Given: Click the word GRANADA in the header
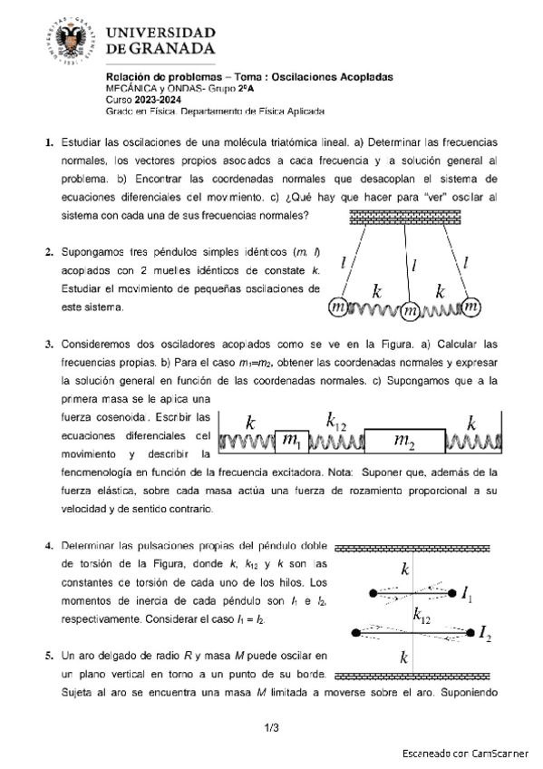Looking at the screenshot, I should point(177,47).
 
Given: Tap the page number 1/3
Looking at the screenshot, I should point(271,727).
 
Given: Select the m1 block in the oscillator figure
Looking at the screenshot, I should point(291,441).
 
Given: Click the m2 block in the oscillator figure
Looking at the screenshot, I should point(403,441).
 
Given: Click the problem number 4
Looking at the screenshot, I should point(49,547).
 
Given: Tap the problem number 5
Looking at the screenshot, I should point(49,654).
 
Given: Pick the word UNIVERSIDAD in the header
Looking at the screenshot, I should point(175,27).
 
